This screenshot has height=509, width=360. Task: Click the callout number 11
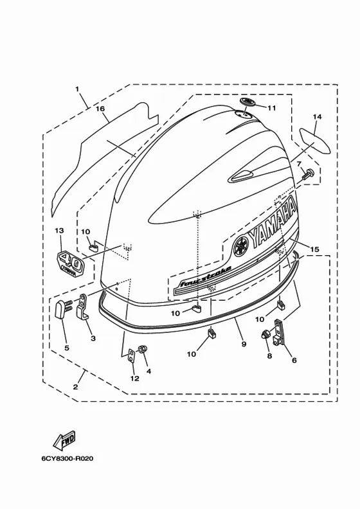[271, 108]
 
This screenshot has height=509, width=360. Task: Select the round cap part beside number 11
[248, 102]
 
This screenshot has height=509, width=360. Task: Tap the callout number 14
[317, 116]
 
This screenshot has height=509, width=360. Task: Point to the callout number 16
[100, 109]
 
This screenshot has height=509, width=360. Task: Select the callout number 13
[59, 231]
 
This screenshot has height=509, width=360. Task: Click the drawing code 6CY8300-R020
[67, 458]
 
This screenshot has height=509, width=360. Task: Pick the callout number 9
[244, 344]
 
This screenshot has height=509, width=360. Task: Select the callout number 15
[314, 249]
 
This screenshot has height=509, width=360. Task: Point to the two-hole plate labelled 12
[132, 356]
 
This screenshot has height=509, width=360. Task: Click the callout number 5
[67, 348]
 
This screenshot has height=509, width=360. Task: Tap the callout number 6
[294, 360]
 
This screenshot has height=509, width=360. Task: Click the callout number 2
[75, 387]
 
